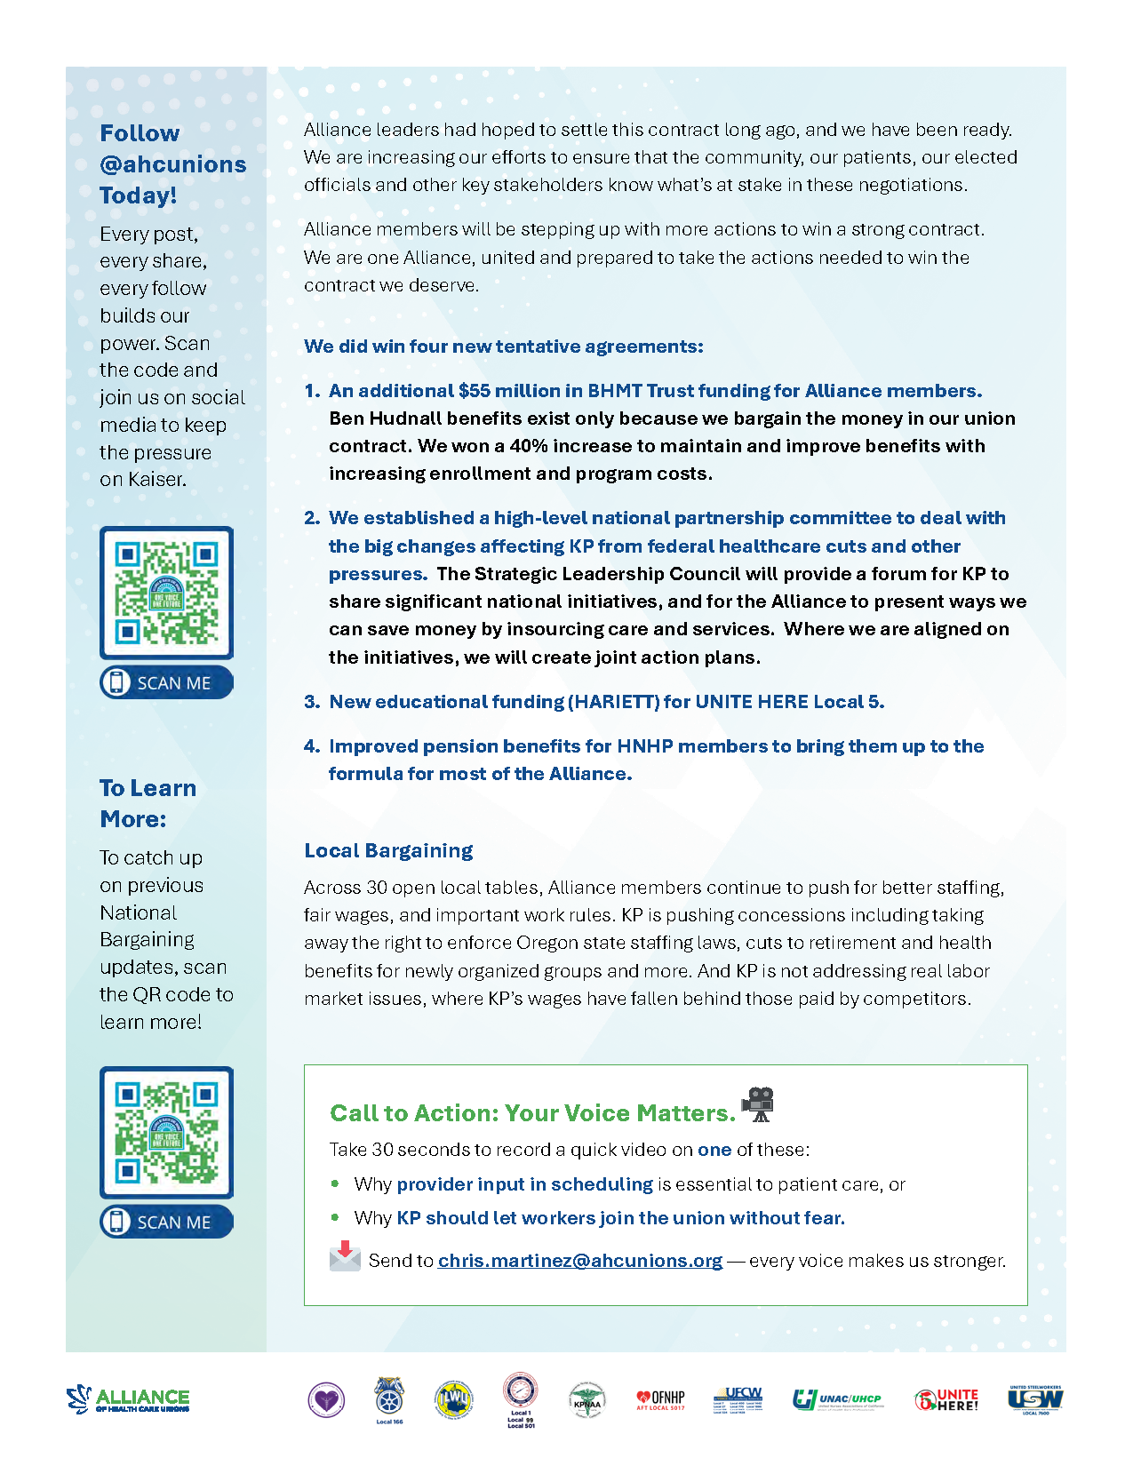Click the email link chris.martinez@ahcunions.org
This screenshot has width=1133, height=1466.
[579, 1261]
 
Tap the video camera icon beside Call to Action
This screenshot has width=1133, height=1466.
[758, 1104]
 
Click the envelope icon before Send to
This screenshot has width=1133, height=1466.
[345, 1257]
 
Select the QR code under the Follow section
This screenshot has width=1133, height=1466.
[166, 593]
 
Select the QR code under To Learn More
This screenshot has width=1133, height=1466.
[166, 1133]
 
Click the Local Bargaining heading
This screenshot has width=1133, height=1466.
[388, 850]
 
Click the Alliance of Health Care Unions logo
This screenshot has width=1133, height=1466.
[129, 1399]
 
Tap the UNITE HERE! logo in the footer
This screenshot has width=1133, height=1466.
[946, 1400]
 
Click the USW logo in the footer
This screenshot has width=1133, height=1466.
[1035, 1399]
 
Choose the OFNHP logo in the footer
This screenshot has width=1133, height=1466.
[660, 1400]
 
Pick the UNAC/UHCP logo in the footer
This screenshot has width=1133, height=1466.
[837, 1400]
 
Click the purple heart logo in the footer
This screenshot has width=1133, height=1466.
[326, 1400]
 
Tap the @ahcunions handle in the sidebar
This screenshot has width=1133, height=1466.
[173, 164]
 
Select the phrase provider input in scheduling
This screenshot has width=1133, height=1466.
[524, 1184]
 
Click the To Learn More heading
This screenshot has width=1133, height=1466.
[148, 803]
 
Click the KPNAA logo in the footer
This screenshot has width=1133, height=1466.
[586, 1400]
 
